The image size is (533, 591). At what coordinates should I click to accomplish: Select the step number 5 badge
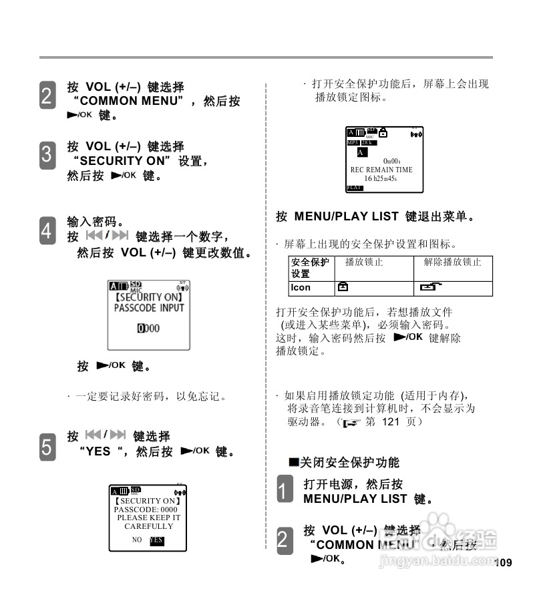47,445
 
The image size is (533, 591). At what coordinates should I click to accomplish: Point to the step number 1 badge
285,489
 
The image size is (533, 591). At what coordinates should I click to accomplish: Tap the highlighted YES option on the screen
156,540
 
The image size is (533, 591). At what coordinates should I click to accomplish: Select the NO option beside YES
137,540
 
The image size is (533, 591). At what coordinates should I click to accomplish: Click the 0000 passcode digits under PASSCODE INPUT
148,329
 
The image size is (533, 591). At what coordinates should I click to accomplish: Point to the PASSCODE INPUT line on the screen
148,308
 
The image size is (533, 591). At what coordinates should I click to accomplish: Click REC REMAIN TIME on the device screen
381,170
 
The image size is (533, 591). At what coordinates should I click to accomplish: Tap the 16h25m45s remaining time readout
381,178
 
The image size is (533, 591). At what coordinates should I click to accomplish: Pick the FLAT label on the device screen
354,188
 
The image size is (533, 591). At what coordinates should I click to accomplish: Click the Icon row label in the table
301,288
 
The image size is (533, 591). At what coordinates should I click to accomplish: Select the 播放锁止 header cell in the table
364,262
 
